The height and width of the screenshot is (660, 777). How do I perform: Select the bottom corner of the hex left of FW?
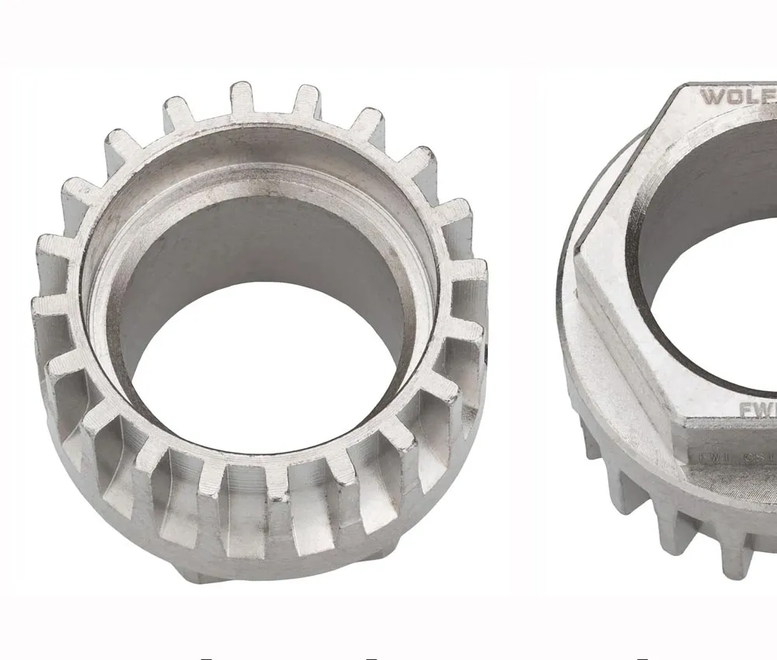(x=688, y=423)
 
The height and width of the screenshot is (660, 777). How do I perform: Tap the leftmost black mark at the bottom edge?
(x=206, y=658)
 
